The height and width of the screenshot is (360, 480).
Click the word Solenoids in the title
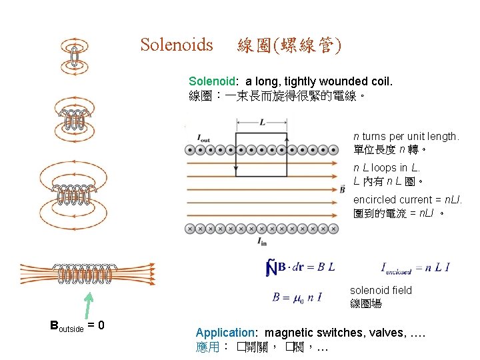(x=177, y=45)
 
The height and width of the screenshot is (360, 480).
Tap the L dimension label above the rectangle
(x=262, y=123)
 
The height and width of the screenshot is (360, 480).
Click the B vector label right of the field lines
(x=343, y=189)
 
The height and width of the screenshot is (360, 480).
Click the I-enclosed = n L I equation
(x=415, y=268)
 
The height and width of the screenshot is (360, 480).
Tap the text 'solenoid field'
(x=381, y=290)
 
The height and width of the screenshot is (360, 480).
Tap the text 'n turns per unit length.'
(x=406, y=136)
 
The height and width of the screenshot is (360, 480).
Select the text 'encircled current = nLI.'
(x=407, y=199)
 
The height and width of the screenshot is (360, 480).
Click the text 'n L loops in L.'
(x=387, y=168)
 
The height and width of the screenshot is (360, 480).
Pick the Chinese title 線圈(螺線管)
(x=289, y=45)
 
